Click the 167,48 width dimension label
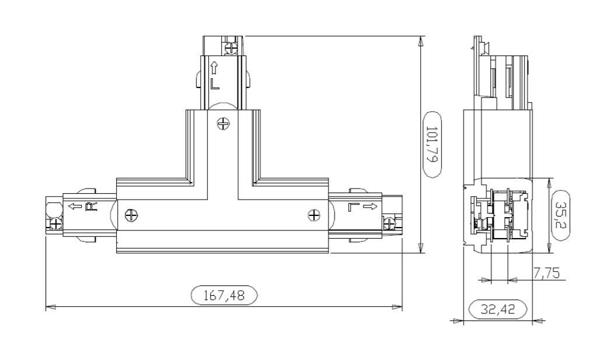coord(224,295)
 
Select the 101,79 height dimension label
coord(432,145)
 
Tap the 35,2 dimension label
coord(560,215)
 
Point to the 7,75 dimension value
coord(546,273)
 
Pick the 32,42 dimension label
coord(498,309)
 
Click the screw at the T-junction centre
coord(223,124)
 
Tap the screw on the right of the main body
coord(315,215)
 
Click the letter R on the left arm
coord(91,207)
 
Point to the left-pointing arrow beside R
coord(75,207)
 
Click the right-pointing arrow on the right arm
coord(370,207)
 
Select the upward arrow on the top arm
coord(214,68)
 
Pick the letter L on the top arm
coord(215,84)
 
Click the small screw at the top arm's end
coord(231,48)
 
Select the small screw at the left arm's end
coord(55,223)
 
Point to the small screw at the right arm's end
coord(389,223)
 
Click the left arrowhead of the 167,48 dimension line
coord(51,307)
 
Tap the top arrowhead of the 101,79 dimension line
coord(421,41)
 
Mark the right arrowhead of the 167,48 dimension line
coord(397,307)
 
